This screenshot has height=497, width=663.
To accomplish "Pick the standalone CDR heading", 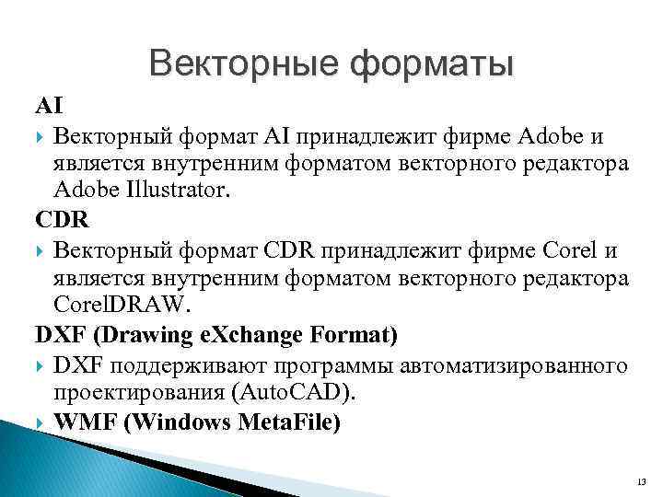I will click(57, 222).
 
